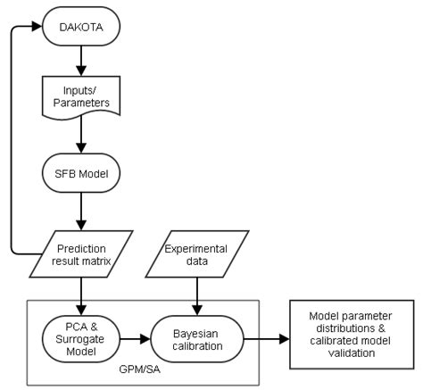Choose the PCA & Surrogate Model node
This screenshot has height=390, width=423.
[82, 338]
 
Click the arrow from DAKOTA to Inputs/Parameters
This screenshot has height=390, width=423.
[83, 62]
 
